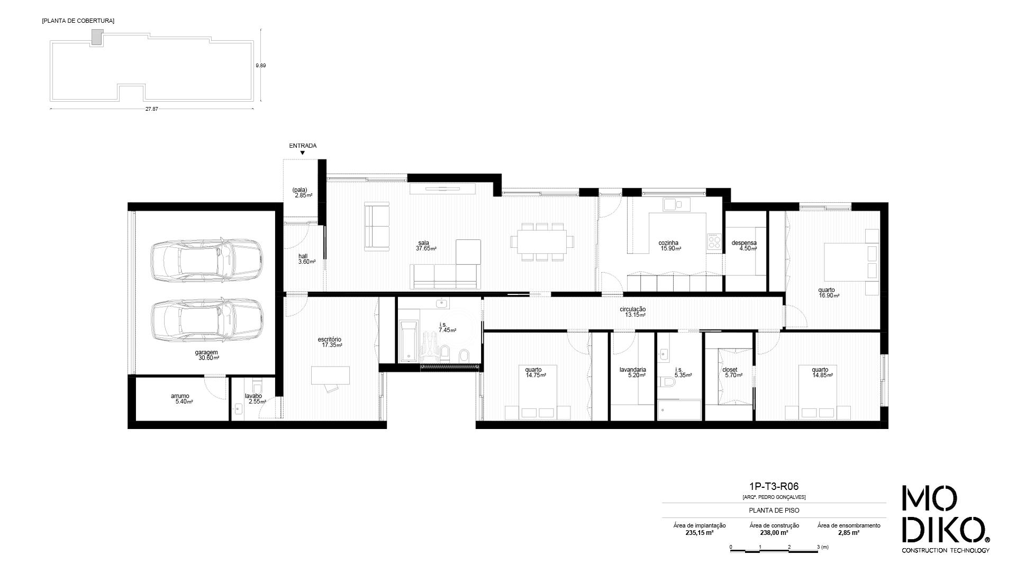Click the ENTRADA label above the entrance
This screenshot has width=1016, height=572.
(303, 146)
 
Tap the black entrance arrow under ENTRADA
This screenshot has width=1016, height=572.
(303, 153)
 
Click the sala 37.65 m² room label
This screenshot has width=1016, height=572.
(425, 246)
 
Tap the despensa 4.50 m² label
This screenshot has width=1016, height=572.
(744, 246)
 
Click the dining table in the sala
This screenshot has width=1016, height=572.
(542, 242)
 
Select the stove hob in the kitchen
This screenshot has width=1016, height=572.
(714, 242)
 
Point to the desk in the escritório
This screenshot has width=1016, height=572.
(330, 375)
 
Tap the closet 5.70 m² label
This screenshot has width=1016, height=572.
(732, 372)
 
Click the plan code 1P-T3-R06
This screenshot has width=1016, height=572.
(774, 487)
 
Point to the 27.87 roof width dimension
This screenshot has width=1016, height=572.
(151, 109)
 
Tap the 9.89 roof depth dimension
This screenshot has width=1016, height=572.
(260, 66)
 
